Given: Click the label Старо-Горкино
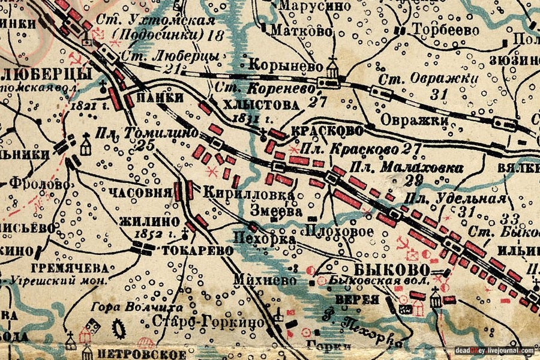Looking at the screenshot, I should point(208,322).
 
